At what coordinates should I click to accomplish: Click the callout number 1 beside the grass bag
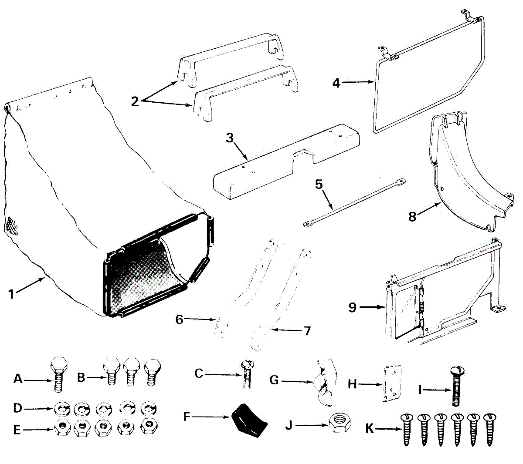tap(11, 294)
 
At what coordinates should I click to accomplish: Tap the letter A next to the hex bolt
tap(18, 379)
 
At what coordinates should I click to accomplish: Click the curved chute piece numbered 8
tap(466, 174)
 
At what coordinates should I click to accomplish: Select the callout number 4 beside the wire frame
tap(336, 82)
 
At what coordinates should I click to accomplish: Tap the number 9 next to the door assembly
tap(352, 307)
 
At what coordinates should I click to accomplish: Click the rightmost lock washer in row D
tap(149, 409)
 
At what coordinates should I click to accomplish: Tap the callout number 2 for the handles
tap(135, 101)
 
